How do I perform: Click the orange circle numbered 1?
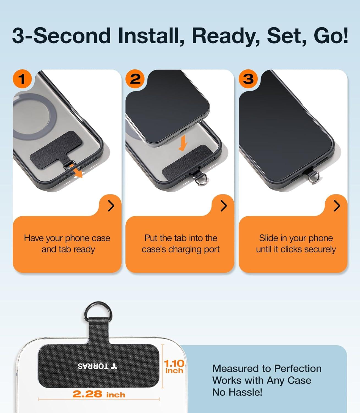click(x=22, y=79)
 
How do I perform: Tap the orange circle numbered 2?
click(x=135, y=79)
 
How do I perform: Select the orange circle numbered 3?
click(x=248, y=79)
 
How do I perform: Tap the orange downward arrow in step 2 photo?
click(x=183, y=143)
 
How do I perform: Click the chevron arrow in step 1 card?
click(x=111, y=206)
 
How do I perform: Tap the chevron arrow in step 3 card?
click(x=337, y=206)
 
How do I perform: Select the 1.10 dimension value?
click(x=174, y=363)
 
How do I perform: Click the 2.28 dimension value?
click(x=87, y=394)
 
